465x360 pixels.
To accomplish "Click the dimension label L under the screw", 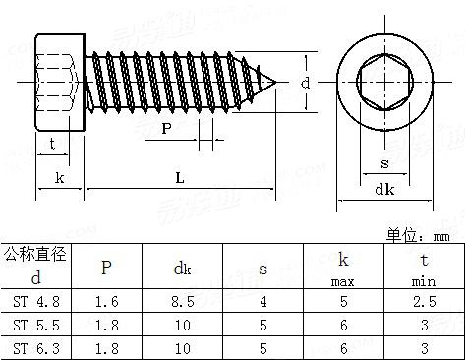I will click(x=179, y=177).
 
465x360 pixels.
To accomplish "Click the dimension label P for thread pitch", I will click(x=166, y=128).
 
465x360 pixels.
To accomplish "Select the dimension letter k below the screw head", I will click(x=60, y=177).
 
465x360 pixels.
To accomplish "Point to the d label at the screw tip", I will click(x=305, y=84).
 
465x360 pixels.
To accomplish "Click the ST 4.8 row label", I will click(x=35, y=301).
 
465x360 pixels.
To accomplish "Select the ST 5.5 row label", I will click(x=35, y=324).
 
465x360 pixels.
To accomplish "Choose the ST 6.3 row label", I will click(x=35, y=347).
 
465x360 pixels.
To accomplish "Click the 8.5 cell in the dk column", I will click(x=183, y=301).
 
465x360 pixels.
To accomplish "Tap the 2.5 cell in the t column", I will click(x=423, y=301).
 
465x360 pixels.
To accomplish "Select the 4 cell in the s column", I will click(x=263, y=301).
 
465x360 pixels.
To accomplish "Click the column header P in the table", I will click(x=106, y=267).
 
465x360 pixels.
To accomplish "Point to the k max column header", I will click(x=343, y=267).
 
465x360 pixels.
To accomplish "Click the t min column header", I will click(x=423, y=267).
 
